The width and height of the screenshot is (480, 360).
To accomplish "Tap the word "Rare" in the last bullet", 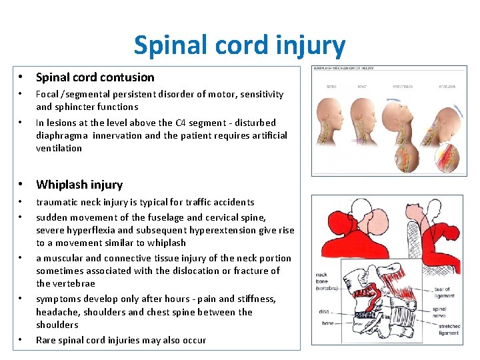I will pos(46,340).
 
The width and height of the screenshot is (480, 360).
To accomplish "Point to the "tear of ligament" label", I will pos(443,293).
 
